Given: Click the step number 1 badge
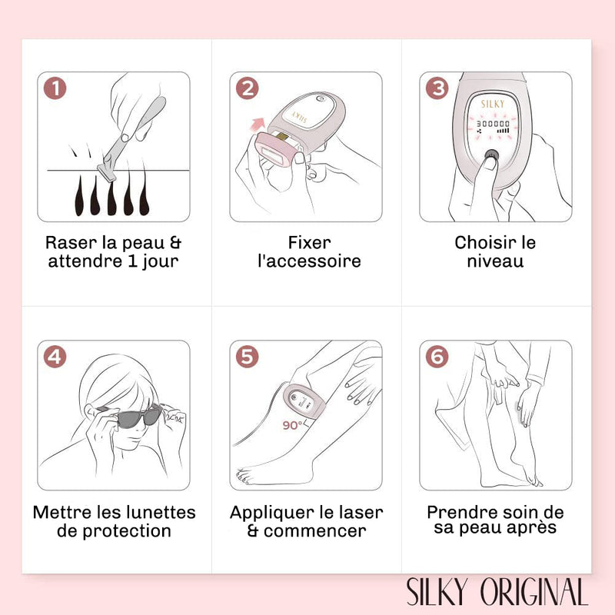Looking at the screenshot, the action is click(55, 88).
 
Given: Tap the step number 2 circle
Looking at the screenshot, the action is click(247, 88).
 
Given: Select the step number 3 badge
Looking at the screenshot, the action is click(437, 88).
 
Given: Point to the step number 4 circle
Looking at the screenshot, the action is click(55, 357).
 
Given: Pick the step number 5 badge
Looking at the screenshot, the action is click(247, 357).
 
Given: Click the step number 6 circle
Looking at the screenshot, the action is click(437, 357).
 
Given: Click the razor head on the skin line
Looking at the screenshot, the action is click(107, 171).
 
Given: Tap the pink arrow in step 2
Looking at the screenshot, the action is click(258, 125).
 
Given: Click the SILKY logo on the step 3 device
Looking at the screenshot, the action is click(493, 104).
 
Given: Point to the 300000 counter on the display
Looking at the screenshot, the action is click(493, 124).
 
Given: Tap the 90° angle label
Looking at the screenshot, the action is click(293, 425).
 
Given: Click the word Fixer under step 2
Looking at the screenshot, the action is click(310, 243).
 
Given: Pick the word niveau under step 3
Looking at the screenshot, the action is click(495, 261).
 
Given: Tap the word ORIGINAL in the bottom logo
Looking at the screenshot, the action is click(535, 591).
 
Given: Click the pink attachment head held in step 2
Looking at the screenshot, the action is click(275, 151).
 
